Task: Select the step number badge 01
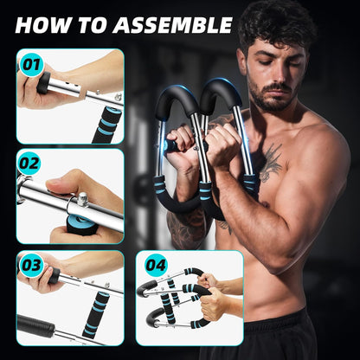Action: click(x=31, y=62)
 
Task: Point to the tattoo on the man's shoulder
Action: click(x=272, y=161)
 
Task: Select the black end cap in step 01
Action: click(x=42, y=84)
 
